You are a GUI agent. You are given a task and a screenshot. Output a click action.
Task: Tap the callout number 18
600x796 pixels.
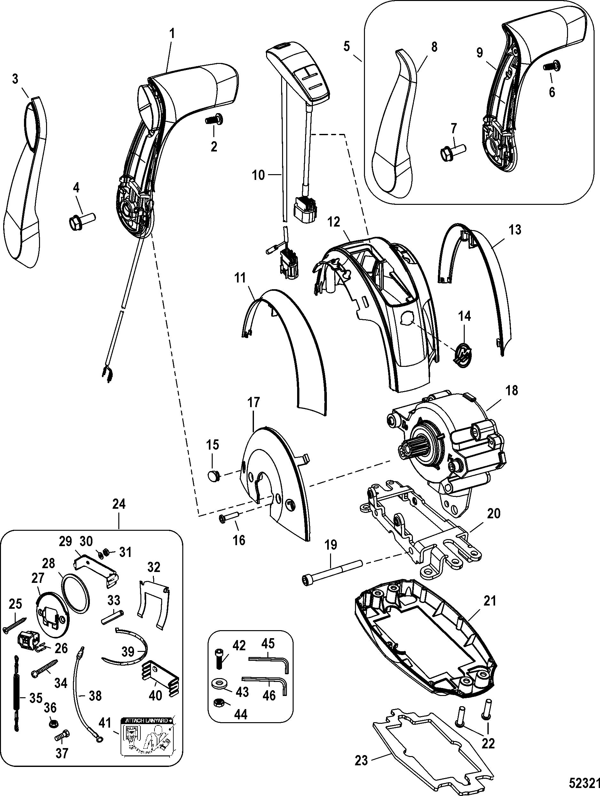coord(512,390)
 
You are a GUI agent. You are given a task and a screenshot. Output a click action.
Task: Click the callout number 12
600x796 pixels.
coord(334,222)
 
